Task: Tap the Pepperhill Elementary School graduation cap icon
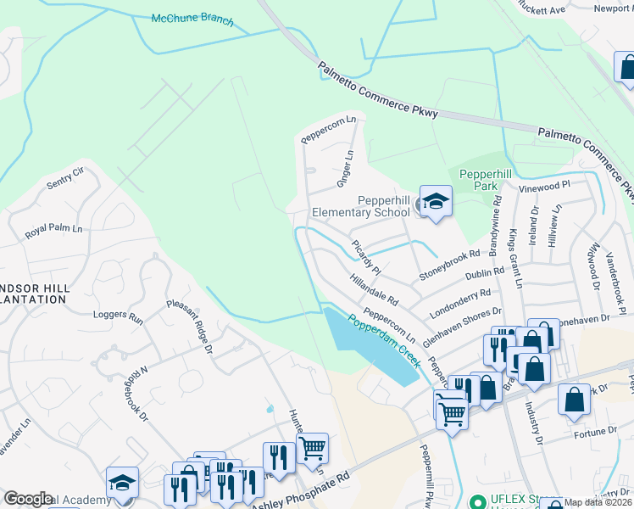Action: [436, 202]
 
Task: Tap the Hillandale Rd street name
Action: [373, 288]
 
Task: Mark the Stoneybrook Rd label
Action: [454, 267]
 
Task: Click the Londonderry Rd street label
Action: [461, 302]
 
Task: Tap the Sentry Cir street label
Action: [66, 177]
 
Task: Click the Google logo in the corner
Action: [28, 499]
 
